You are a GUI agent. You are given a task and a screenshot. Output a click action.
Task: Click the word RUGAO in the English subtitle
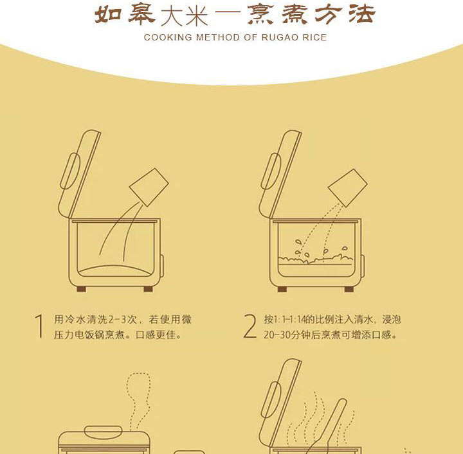coord(276,37)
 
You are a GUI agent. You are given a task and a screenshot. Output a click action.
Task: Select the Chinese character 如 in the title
coord(109,14)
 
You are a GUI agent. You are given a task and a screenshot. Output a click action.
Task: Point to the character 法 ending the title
coord(361,14)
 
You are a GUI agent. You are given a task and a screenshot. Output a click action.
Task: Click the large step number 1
coord(39,326)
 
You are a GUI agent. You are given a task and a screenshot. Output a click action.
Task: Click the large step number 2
coord(250,326)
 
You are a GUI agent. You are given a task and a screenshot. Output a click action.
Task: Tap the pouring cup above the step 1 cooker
coord(149,188)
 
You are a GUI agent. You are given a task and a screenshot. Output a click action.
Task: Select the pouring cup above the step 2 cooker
coord(348,188)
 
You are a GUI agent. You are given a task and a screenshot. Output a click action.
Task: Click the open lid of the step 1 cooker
coord(79,174)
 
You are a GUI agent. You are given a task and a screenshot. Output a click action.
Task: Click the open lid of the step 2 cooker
coord(280,174)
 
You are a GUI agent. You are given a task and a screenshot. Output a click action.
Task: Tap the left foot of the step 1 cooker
coord(82,289)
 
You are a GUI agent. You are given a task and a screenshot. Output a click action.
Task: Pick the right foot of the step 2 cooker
coord(349,289)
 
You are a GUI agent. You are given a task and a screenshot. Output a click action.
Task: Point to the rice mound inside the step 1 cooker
coord(114,271)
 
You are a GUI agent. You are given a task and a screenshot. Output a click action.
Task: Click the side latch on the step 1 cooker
coord(162,266)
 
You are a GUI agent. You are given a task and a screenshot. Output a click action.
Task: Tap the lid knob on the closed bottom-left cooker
coord(103,432)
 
